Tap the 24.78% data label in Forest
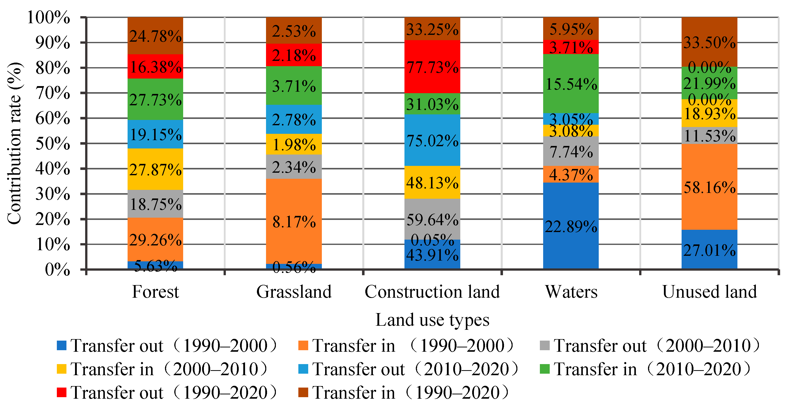pos(155,36)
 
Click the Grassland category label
pos(294,291)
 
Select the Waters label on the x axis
pos(571,291)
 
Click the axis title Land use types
pos(432,320)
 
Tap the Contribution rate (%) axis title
pos(14,143)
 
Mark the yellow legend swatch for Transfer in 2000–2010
pos(62,369)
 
